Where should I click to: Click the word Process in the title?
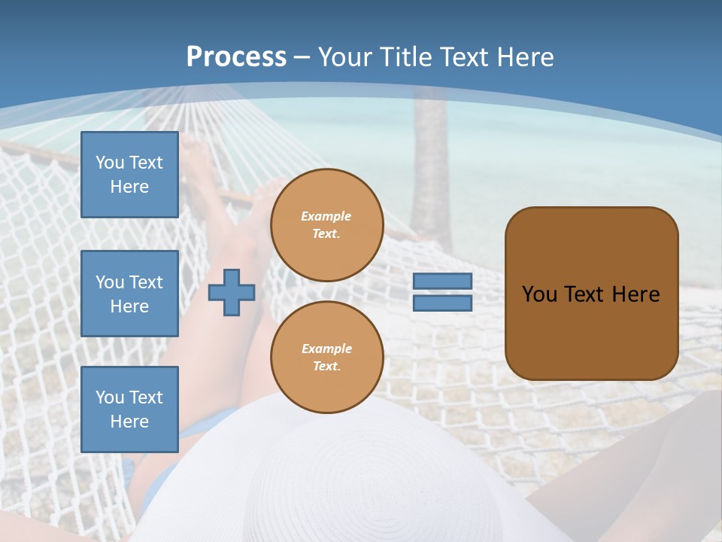(236, 57)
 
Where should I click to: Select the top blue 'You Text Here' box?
(129, 175)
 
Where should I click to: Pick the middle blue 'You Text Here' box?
(129, 294)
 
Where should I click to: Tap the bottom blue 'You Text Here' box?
(129, 409)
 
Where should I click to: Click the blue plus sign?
(231, 292)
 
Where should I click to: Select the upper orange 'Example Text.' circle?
(326, 225)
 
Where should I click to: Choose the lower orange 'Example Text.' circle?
(326, 357)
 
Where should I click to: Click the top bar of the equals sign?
(442, 281)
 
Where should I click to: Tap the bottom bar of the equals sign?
(442, 303)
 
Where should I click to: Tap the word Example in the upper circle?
(326, 216)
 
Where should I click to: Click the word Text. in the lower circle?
(326, 366)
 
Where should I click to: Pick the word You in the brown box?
(539, 294)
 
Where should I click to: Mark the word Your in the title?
(345, 57)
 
